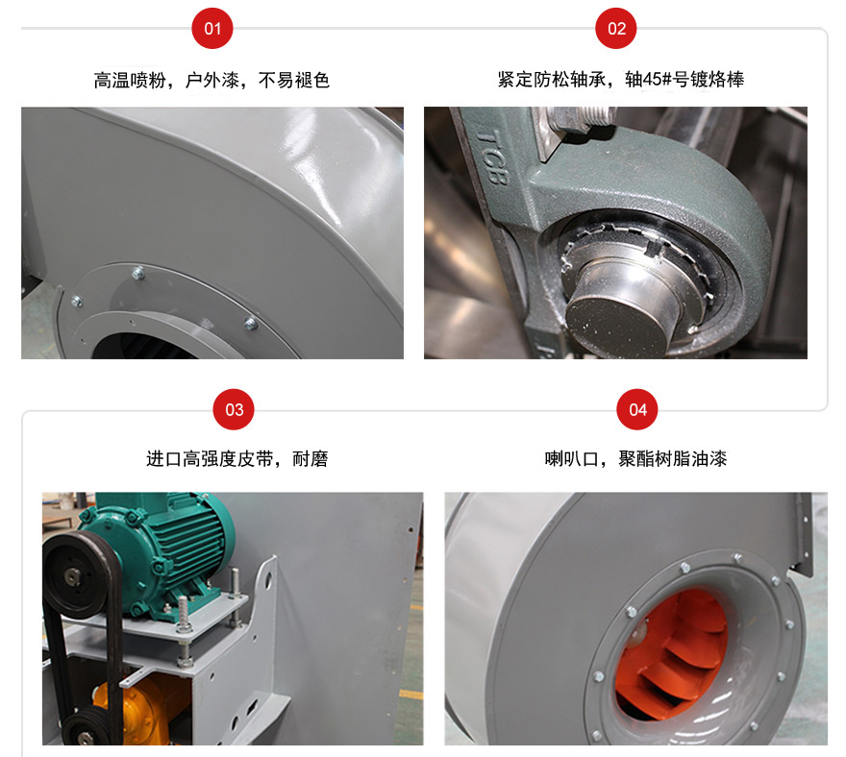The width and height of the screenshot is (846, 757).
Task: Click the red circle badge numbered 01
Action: click(212, 29)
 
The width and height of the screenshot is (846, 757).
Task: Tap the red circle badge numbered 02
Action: click(616, 29)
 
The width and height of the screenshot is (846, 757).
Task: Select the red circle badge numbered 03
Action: click(234, 409)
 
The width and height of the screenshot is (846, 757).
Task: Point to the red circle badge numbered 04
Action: click(637, 409)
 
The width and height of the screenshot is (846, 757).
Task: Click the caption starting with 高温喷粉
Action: click(211, 80)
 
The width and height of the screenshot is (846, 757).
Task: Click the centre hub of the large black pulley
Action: click(73, 576)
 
